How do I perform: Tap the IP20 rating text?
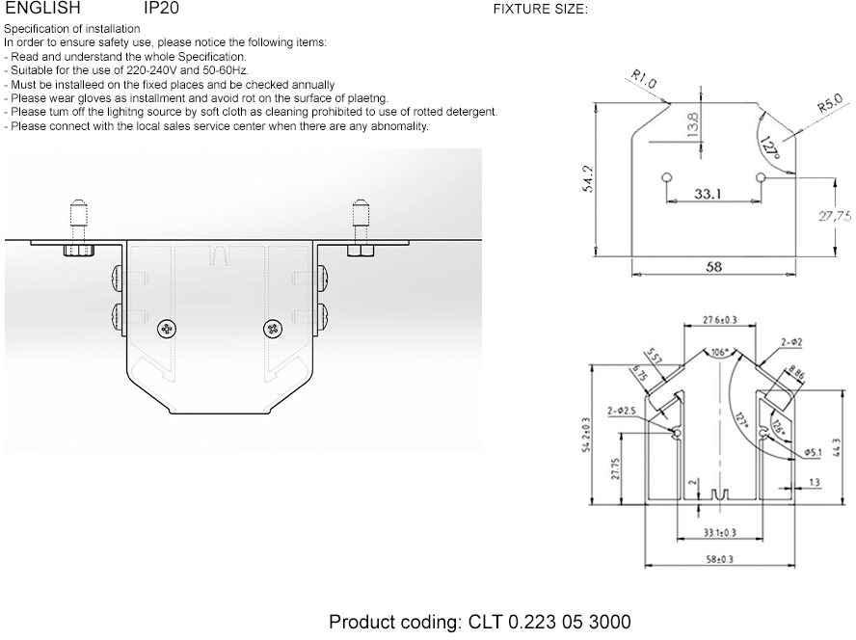pyautogui.click(x=160, y=9)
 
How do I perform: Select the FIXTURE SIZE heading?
pyautogui.click(x=540, y=11)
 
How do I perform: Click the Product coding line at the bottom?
pyautogui.click(x=480, y=622)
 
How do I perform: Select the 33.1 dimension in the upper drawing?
pyautogui.click(x=709, y=194)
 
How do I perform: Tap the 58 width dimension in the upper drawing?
pyautogui.click(x=713, y=267)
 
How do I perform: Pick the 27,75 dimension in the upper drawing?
pyautogui.click(x=835, y=217)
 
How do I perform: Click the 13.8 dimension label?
pyautogui.click(x=693, y=125)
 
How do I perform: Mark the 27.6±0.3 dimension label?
pyautogui.click(x=719, y=319)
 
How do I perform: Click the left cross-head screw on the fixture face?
pyautogui.click(x=168, y=329)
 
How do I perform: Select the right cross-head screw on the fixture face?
pyautogui.click(x=272, y=329)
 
